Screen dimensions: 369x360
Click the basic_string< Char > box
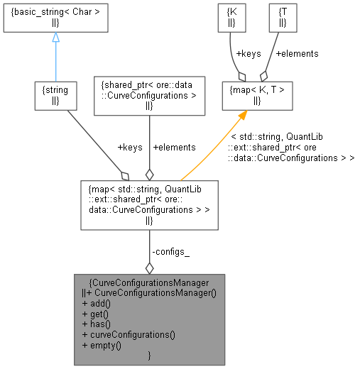tap(55, 20)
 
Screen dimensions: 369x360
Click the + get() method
tap(97, 313)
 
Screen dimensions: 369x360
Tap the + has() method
tap(97, 324)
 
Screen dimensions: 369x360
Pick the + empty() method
tap(102, 345)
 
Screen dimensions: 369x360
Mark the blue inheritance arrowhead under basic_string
tap(55, 38)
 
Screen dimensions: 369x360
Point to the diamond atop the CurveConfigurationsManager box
tap(149, 268)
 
